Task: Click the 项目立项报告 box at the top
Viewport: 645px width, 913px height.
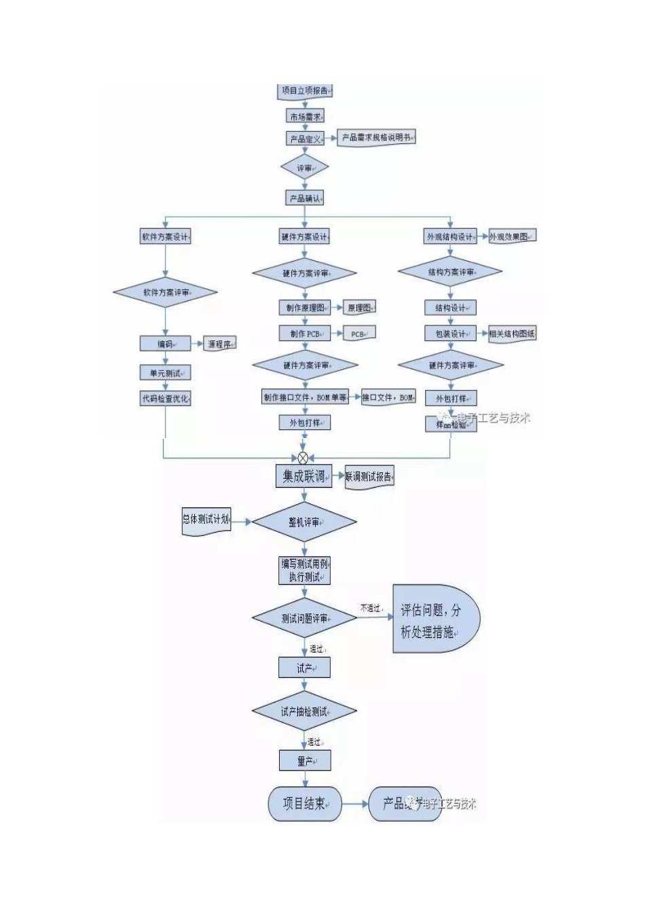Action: [x=305, y=90]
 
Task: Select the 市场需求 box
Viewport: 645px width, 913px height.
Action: [x=305, y=117]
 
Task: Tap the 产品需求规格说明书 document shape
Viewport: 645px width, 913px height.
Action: [x=376, y=138]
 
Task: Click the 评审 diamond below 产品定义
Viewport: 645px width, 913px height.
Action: [x=305, y=168]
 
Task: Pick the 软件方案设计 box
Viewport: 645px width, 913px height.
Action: [x=165, y=237]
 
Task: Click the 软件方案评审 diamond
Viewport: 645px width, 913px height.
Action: [x=165, y=293]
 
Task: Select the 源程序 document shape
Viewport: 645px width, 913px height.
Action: [x=220, y=344]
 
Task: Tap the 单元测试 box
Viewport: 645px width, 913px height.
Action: [x=165, y=373]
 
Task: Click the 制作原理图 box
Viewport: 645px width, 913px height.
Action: [x=305, y=308]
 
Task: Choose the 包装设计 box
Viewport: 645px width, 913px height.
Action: [x=451, y=334]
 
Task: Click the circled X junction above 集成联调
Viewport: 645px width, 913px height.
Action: [x=303, y=459]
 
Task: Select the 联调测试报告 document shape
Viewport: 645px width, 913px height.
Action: [x=369, y=477]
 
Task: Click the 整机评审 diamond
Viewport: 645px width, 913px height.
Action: [x=305, y=522]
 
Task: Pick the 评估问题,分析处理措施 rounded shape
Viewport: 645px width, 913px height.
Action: [x=435, y=620]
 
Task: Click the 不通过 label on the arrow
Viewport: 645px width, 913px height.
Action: [x=371, y=608]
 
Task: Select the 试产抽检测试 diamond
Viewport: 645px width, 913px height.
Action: [x=305, y=712]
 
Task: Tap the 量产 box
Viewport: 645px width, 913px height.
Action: [x=305, y=761]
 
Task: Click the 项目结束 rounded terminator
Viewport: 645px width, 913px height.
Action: [x=305, y=804]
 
